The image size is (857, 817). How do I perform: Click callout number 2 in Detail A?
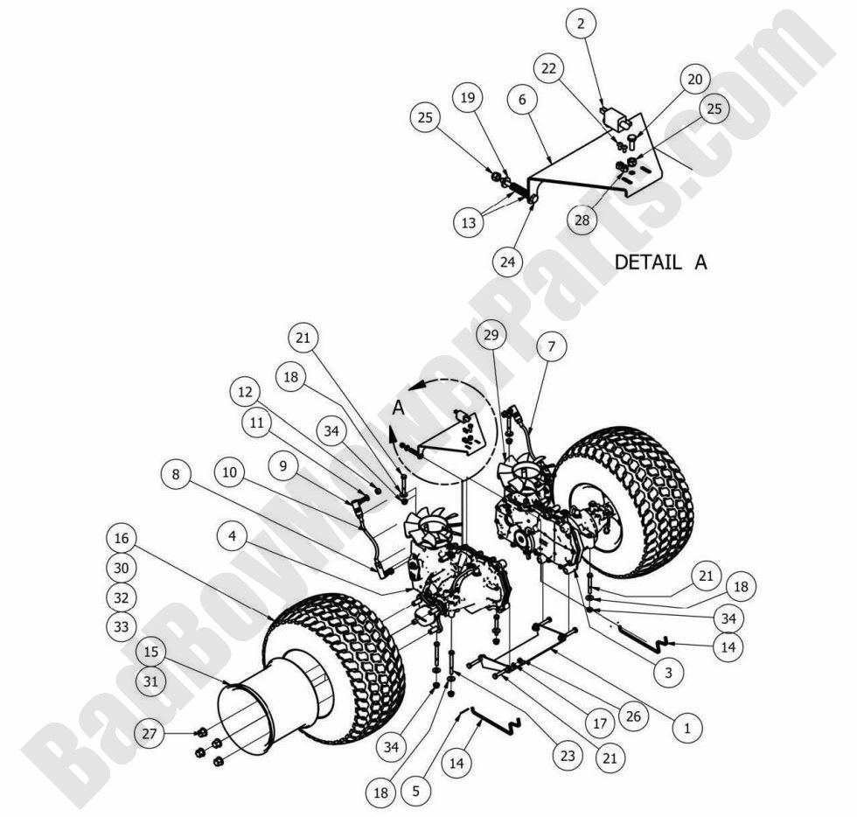(581, 24)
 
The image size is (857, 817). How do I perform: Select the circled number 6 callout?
(522, 100)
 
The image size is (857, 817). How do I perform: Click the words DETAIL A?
(661, 262)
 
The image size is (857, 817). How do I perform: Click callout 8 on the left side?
(177, 474)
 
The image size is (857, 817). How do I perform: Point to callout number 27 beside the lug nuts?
(150, 733)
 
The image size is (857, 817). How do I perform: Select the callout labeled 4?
(231, 535)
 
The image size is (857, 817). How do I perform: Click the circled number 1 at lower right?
(688, 726)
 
